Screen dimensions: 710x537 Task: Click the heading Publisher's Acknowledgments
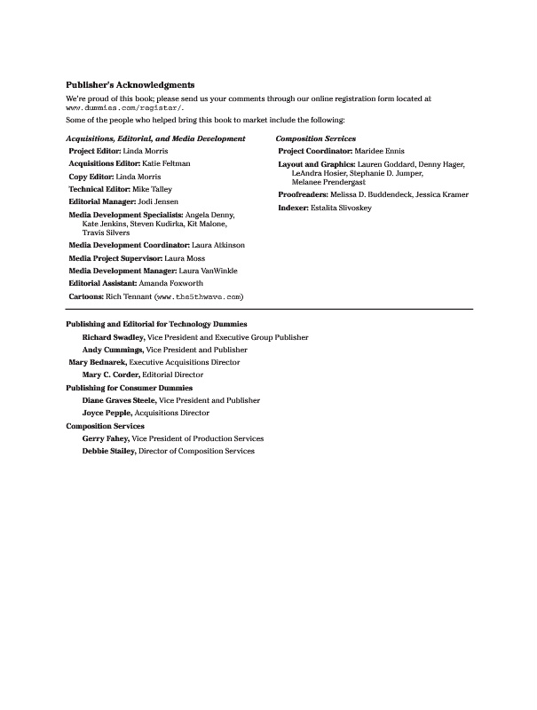130,85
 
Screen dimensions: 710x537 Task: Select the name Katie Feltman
166,164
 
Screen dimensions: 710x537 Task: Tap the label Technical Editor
100,190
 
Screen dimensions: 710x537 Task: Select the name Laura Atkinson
218,245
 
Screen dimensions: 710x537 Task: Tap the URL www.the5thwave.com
199,296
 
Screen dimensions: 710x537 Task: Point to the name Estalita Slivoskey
341,208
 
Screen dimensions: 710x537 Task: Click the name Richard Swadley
114,337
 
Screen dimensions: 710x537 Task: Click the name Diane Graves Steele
119,400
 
